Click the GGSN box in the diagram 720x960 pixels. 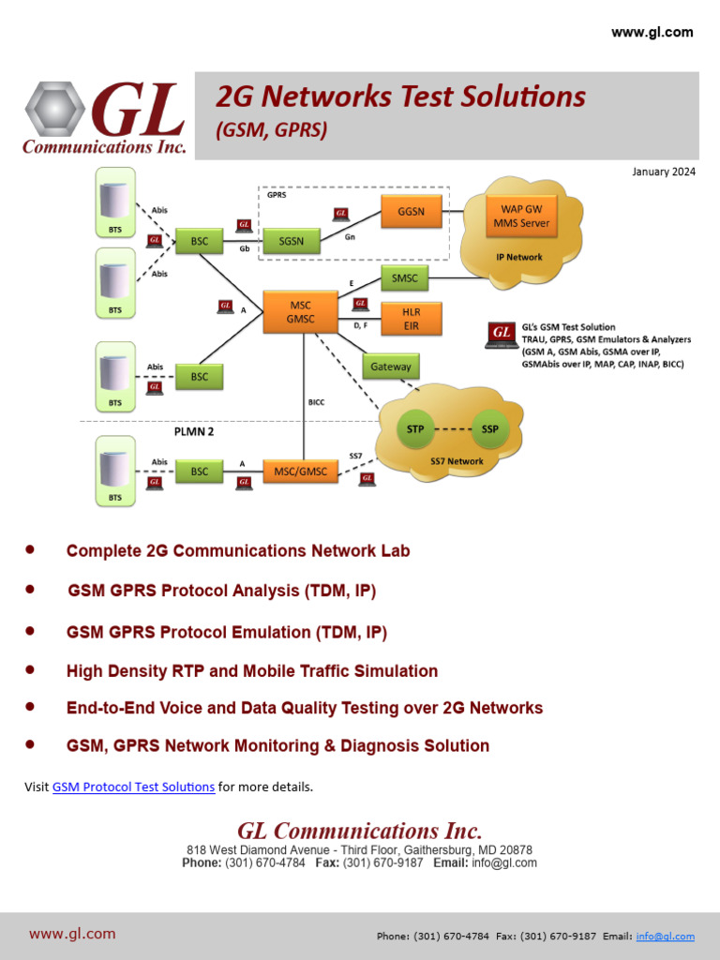(411, 212)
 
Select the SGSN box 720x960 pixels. (291, 242)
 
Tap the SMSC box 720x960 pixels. (405, 278)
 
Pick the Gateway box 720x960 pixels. (391, 367)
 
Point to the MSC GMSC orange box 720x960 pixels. (300, 312)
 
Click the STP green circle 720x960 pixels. (415, 429)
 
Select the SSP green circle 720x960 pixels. (489, 429)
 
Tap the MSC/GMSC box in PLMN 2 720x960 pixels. (301, 472)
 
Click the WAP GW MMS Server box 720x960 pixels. (521, 217)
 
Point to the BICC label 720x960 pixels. (317, 402)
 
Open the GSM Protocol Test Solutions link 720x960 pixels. (133, 787)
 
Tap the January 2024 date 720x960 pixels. (664, 172)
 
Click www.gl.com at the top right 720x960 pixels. (652, 32)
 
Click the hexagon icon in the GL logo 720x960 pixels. (54, 108)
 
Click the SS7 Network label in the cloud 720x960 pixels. (457, 461)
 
